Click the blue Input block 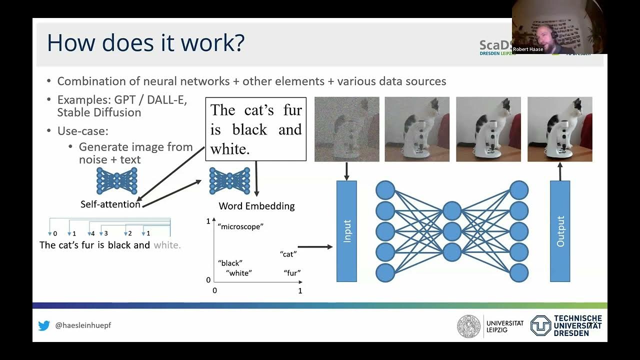346,231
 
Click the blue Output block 560,231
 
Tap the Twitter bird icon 44,325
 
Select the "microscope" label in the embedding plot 240,226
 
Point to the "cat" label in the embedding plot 288,254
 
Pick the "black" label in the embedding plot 230,263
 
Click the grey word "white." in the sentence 167,245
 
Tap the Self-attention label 110,204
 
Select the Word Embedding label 256,206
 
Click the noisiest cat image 346,129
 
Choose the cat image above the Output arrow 559,129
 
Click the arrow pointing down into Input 346,171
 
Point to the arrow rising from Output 559,171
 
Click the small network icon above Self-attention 116,181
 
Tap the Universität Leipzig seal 468,326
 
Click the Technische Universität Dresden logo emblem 540,325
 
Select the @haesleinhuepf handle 83,325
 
